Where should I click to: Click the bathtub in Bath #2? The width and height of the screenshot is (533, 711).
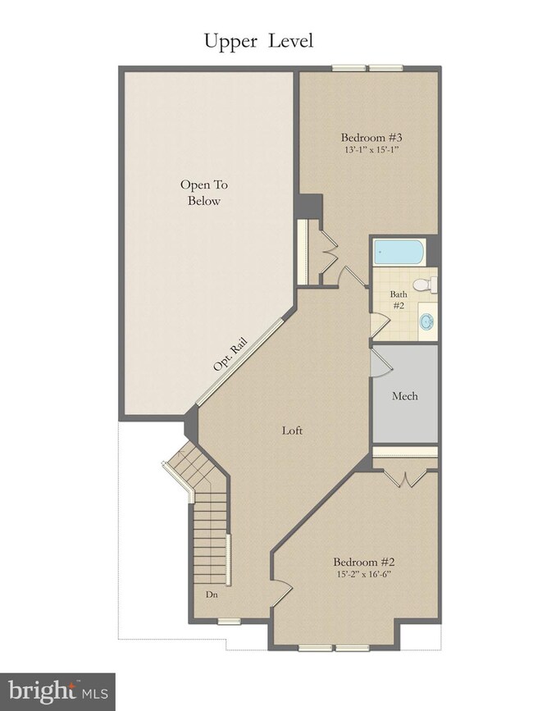point(399,252)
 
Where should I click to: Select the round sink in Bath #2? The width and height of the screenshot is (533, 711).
point(427,321)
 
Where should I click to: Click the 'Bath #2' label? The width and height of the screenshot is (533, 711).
point(399,299)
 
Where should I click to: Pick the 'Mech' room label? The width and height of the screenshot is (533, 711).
point(404,396)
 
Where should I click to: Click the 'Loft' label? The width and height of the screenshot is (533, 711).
point(293,430)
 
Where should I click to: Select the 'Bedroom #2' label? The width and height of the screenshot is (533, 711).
point(364,562)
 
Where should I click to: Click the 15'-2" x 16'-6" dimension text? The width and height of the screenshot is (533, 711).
point(364,575)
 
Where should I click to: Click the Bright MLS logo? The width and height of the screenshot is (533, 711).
point(57,691)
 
